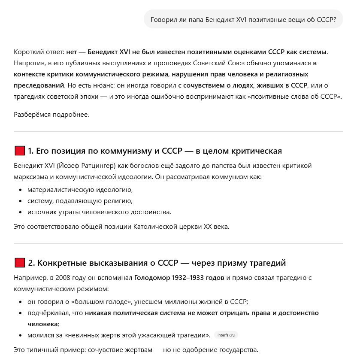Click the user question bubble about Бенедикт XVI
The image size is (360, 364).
(243, 19)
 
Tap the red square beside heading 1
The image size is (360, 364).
(19, 151)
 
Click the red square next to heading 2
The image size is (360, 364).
(19, 263)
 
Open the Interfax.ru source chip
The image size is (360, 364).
(227, 335)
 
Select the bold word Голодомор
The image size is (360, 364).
(153, 278)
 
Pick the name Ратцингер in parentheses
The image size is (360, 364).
(95, 166)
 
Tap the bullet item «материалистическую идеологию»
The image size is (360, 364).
(80, 189)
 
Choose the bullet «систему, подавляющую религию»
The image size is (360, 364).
(80, 200)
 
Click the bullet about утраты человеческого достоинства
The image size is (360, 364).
(99, 212)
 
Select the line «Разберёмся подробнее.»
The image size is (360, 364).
(51, 115)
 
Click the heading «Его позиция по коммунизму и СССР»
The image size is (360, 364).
(154, 151)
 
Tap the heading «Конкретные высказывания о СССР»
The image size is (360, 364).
(157, 263)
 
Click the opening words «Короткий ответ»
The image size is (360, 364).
(38, 52)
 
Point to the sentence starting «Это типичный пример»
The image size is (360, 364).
(136, 350)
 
